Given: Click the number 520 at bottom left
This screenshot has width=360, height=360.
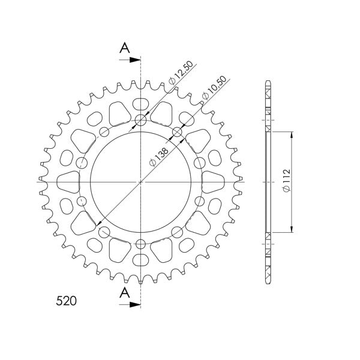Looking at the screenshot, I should pyautogui.click(x=63, y=301).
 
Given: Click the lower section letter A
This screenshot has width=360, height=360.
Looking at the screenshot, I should pyautogui.click(x=124, y=292).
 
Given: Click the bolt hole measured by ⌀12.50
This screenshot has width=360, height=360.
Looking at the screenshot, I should pyautogui.click(x=140, y=121).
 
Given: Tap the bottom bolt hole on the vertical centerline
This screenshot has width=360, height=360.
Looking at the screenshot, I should pyautogui.click(x=140, y=244).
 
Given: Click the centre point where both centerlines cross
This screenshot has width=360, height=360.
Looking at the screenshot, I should pyautogui.click(x=140, y=181).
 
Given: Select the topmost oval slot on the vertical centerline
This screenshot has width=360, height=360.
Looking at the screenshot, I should pyautogui.click(x=140, y=102).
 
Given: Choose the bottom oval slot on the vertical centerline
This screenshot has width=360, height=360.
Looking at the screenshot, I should pyautogui.click(x=140, y=260).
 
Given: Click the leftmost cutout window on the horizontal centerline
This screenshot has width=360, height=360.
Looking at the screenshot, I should pyautogui.click(x=68, y=181).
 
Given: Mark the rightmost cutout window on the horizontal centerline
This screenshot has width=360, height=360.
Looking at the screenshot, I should pyautogui.click(x=214, y=181).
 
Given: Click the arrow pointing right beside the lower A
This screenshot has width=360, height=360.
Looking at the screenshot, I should pyautogui.click(x=131, y=305).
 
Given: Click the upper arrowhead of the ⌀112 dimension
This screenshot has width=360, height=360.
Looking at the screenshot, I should pyautogui.click(x=292, y=134).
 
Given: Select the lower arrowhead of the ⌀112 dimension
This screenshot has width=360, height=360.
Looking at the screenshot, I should pyautogui.click(x=292, y=228).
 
